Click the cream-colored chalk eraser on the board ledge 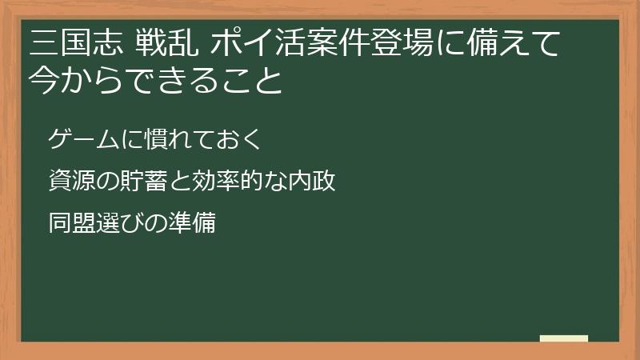pos(564,339)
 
